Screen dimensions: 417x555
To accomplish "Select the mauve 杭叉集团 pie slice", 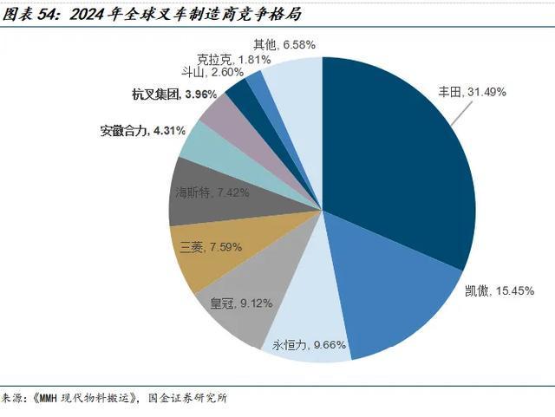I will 220,112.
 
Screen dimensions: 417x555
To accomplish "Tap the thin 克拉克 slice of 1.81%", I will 255,81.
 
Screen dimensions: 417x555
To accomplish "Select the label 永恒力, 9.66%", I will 310,345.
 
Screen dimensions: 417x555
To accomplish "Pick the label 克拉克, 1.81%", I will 233,59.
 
